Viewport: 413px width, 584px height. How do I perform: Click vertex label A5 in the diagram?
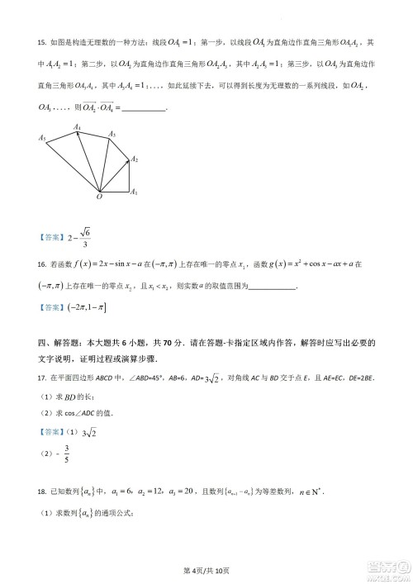[x=41, y=138]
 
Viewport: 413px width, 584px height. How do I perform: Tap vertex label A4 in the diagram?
[x=77, y=126]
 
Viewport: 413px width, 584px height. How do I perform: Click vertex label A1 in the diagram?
[x=134, y=192]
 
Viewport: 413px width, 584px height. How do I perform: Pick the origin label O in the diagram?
[x=99, y=198]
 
